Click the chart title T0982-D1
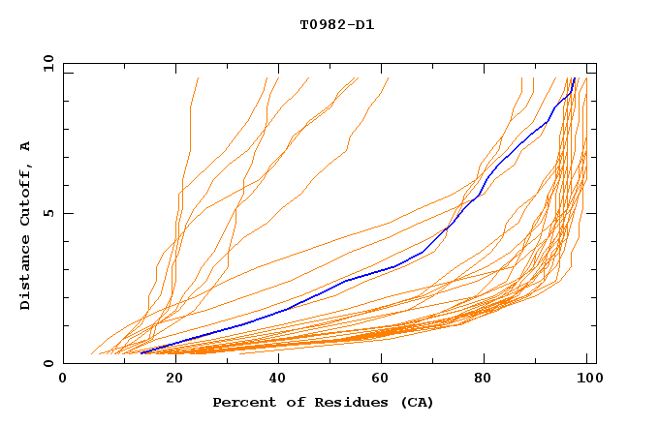pos(336,24)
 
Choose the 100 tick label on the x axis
pos(585,379)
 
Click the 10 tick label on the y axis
pos(47,63)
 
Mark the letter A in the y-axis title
pos(26,146)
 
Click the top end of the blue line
pos(575,78)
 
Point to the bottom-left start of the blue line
pos(141,353)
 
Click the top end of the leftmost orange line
pos(198,78)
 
